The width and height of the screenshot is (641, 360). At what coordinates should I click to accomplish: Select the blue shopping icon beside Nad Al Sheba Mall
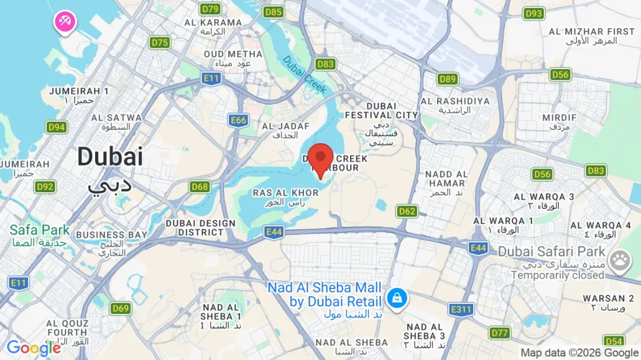point(395,297)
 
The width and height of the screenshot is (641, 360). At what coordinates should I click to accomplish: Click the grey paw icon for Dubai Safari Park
point(619,261)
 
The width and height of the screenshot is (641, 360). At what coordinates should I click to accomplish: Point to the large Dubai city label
point(110,157)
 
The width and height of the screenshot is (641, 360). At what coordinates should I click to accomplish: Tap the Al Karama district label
point(213,27)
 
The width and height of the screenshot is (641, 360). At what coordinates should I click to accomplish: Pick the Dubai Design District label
point(200,228)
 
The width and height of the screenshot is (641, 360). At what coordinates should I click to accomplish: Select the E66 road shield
point(239,120)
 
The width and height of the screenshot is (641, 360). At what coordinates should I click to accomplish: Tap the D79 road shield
point(210,9)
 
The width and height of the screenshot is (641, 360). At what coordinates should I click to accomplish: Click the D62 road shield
point(407,211)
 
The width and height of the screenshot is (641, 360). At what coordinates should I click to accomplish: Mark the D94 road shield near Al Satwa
point(56,127)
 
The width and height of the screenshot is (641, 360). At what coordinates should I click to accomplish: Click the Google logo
point(34,348)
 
